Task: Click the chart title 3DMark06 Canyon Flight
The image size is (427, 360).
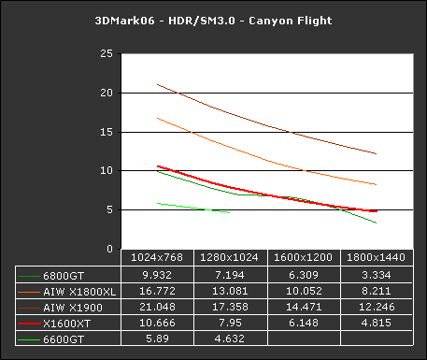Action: [x=213, y=20]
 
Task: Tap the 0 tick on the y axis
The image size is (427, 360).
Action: [x=112, y=250]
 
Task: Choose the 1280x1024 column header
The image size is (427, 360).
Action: [x=231, y=256]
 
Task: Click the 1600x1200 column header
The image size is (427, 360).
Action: [x=304, y=256]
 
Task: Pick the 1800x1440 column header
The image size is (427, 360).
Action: [x=377, y=256]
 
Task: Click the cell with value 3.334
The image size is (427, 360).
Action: [x=377, y=276]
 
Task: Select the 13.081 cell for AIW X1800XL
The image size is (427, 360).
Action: [x=231, y=292]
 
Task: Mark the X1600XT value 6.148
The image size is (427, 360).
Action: [x=304, y=323]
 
